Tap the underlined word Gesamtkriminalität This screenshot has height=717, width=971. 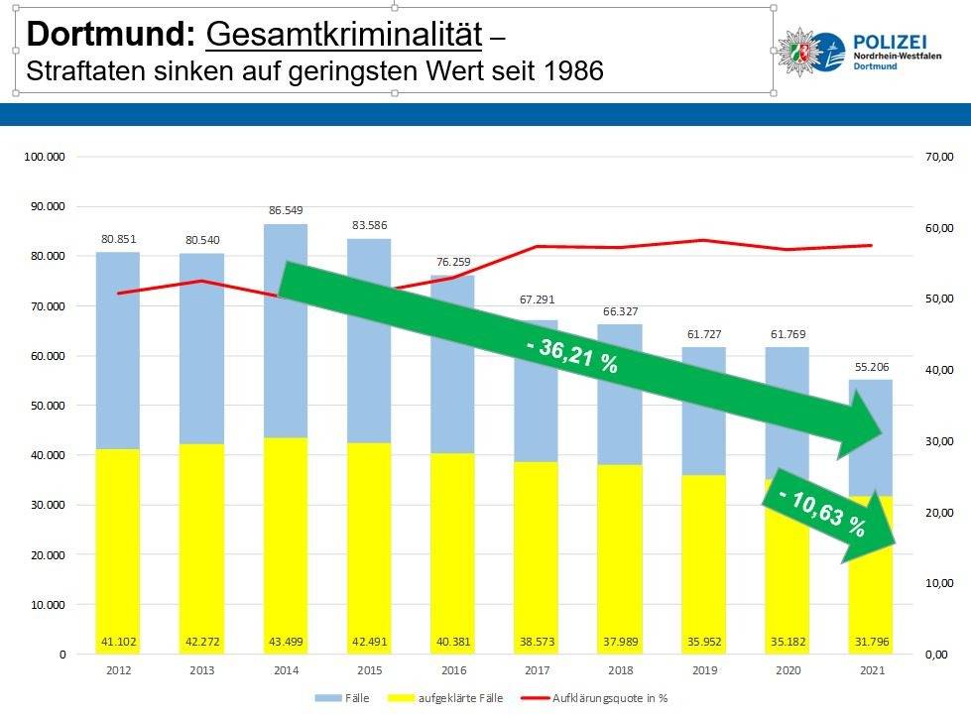[343, 36]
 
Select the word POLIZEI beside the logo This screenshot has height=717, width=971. [890, 40]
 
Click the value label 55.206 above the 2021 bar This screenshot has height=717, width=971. [871, 366]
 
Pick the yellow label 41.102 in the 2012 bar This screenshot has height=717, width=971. [118, 642]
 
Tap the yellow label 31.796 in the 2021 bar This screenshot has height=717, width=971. [871, 642]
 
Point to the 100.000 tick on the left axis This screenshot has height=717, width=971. [45, 157]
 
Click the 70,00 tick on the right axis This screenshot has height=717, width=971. [939, 157]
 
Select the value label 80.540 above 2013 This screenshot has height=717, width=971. [201, 240]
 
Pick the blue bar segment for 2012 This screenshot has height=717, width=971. [118, 347]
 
